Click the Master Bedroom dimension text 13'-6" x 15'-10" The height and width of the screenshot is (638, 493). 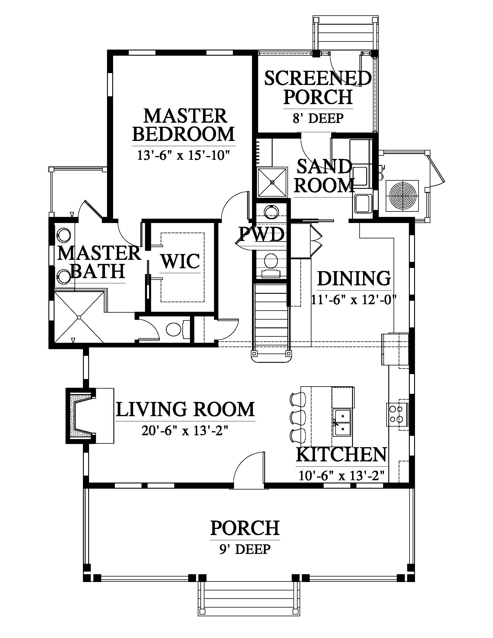tap(182, 155)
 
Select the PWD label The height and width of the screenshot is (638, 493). tap(262, 234)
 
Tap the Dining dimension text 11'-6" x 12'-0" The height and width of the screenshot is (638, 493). tap(354, 300)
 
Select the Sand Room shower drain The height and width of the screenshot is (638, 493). tap(272, 182)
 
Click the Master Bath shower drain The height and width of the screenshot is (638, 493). tap(79, 317)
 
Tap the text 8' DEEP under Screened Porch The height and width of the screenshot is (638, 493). tap(318, 118)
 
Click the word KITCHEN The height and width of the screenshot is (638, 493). tap(341, 454)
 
